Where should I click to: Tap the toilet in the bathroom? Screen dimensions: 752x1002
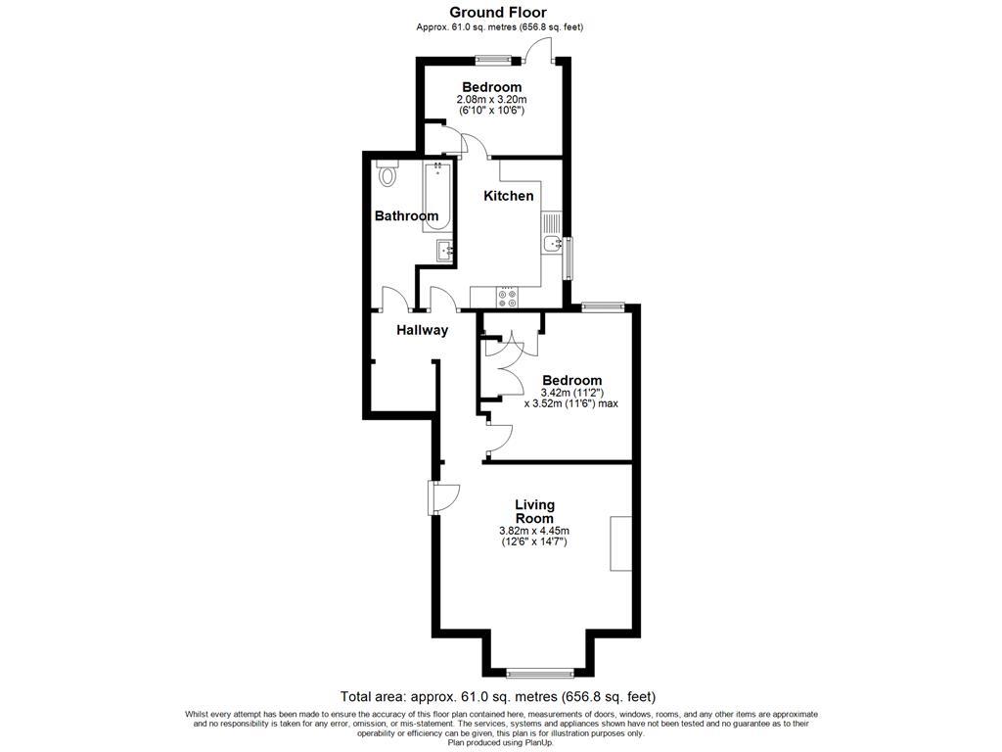click(x=387, y=175)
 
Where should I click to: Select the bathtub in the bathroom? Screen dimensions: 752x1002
click(x=436, y=197)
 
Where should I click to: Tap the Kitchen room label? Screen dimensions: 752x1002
click(x=509, y=196)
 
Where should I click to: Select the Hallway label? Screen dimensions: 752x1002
click(x=422, y=330)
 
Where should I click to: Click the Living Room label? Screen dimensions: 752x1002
click(x=534, y=511)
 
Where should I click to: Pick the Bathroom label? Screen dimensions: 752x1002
click(x=406, y=215)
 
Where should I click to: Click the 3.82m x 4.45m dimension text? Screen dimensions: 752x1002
click(x=534, y=532)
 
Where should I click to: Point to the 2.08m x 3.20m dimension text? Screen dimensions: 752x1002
click(x=491, y=100)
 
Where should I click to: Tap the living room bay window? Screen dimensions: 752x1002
click(x=540, y=672)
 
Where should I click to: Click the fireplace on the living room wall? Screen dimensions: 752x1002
click(x=620, y=543)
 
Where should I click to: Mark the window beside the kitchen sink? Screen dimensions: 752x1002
click(x=569, y=258)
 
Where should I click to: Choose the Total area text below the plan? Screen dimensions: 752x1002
click(x=497, y=697)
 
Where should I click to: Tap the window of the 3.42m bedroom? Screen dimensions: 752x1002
click(x=603, y=307)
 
